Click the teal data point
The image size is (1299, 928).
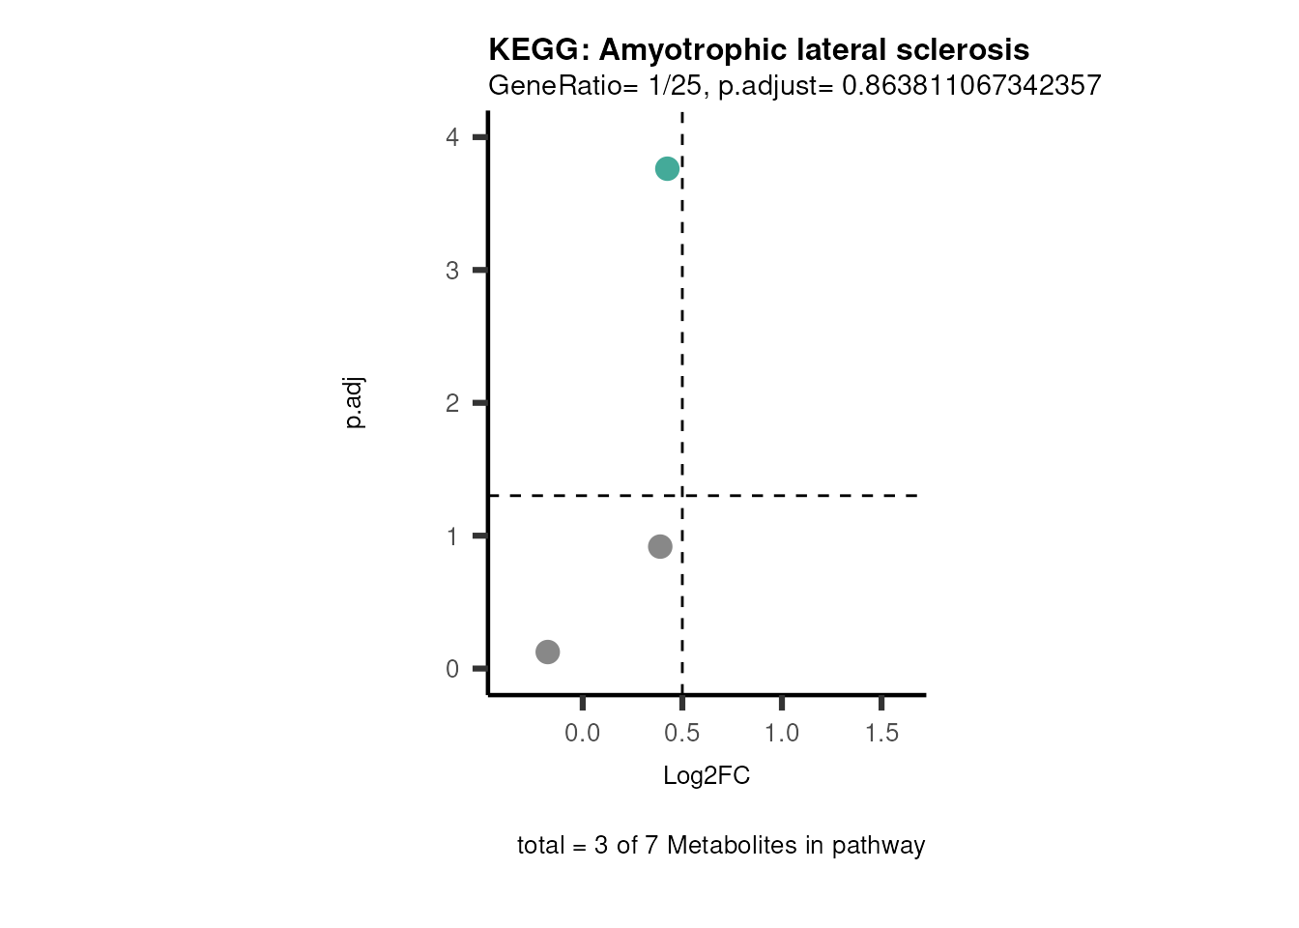(667, 169)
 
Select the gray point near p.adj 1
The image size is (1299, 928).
(660, 547)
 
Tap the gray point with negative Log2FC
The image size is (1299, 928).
(548, 652)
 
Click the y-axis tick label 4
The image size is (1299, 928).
(452, 137)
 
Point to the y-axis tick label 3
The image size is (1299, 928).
(452, 271)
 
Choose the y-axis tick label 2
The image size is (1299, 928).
(452, 403)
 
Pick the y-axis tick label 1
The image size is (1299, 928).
(452, 536)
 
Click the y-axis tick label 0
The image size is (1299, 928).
(452, 669)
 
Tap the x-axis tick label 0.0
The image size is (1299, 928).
(582, 733)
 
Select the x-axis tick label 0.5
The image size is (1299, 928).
(682, 733)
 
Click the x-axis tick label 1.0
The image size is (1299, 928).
(782, 733)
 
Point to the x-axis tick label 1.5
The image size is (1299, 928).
(881, 733)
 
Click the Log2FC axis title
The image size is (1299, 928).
(707, 775)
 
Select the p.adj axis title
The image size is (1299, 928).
(355, 403)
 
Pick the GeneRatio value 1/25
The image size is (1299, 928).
(675, 85)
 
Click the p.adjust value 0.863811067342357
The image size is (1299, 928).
(971, 85)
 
